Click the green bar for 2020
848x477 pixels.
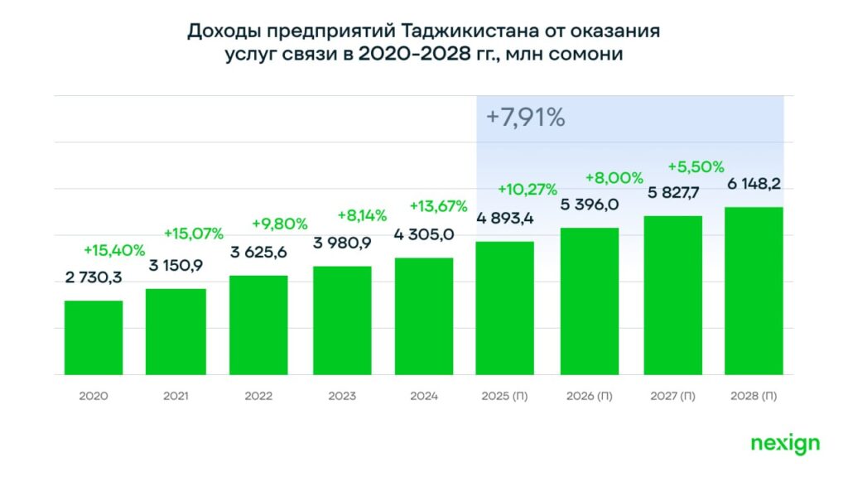coord(94,338)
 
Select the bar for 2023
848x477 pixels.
coord(342,320)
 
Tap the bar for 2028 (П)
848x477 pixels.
coord(754,291)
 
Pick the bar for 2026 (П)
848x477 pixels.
coord(589,301)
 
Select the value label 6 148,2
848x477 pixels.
coord(754,185)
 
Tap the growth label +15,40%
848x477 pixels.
coord(114,249)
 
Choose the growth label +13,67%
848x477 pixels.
coord(439,205)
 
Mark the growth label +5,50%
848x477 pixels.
coord(696,166)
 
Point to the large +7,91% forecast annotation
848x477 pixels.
coord(525,118)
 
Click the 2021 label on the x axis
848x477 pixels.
coord(176,396)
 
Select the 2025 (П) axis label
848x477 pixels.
coord(506,396)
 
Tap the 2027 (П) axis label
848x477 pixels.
coord(672,396)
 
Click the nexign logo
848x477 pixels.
coord(785,443)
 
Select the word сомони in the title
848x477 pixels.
coord(585,54)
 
